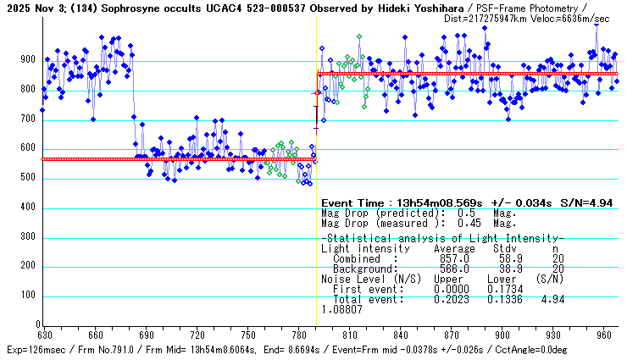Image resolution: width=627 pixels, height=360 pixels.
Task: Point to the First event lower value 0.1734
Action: (x=506, y=289)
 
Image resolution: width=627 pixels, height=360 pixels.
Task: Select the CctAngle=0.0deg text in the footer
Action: (x=584, y=348)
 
